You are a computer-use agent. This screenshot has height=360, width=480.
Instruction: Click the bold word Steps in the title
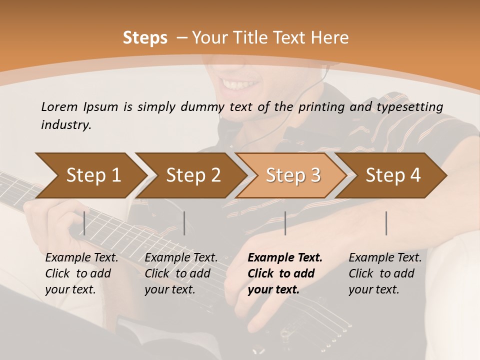pos(145,38)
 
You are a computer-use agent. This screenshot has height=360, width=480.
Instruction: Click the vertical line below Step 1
pos(84,223)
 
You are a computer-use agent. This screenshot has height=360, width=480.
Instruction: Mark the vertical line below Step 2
pos(184,223)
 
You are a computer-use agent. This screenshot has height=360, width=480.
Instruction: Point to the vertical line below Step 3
pos(285,223)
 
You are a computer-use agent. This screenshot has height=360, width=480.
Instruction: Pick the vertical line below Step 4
pos(386,223)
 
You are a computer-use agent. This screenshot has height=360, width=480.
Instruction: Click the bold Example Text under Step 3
pos(285,258)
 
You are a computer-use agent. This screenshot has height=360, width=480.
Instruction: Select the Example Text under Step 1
pos(81,258)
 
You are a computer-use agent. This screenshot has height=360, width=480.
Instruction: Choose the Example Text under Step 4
pos(385,258)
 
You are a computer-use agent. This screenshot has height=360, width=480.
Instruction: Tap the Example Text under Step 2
pos(181,258)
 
